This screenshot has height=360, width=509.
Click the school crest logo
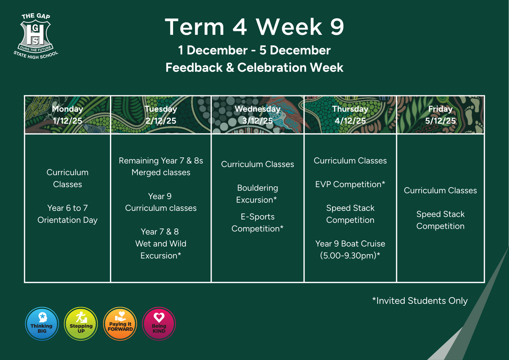point(36,36)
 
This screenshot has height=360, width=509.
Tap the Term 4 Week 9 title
point(254,27)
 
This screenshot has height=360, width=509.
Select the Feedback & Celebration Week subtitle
point(254,67)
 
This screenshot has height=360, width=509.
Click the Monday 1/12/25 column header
point(67,115)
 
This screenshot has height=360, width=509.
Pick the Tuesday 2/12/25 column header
point(161,115)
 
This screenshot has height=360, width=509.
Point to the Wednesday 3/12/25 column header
point(257,115)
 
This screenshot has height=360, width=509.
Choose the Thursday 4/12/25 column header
point(350,115)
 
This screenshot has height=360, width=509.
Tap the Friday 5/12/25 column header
point(440,115)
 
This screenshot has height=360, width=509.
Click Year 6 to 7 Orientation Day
point(67,214)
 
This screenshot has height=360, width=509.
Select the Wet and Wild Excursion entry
point(161,244)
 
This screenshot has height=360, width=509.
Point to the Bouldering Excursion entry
point(257,194)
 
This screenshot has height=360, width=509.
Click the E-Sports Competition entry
point(257,222)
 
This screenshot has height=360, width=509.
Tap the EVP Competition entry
point(350,184)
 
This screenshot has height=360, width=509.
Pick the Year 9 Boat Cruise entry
point(350,250)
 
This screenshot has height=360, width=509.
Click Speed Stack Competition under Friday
point(440,220)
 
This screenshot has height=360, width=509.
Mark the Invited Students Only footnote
point(420,301)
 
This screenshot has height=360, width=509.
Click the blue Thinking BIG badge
point(42,323)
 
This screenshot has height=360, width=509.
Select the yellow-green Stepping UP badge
point(81,323)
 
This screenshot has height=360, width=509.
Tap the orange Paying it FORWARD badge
point(120,323)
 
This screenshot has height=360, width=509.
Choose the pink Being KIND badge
point(159,323)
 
